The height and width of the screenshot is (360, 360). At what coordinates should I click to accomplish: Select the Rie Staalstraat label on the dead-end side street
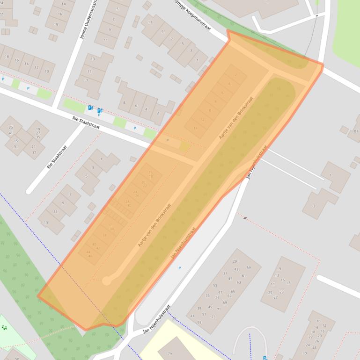click(57, 157)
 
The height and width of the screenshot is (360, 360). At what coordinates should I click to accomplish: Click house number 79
click(170, 353)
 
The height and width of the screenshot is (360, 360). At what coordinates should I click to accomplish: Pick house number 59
click(249, 268)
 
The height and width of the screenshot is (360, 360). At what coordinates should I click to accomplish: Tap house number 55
click(199, 323)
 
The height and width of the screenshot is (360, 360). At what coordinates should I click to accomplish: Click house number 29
click(235, 261)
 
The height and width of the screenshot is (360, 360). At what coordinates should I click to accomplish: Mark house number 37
click(34, 152)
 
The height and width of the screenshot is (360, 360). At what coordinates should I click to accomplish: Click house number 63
click(238, 282)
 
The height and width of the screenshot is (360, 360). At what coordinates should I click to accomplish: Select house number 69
click(225, 302)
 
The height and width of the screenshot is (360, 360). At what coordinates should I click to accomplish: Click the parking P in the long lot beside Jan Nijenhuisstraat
click(180, 268)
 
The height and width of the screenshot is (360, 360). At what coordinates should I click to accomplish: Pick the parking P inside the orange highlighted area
click(168, 140)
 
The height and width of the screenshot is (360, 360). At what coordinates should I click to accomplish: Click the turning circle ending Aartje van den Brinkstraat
click(107, 281)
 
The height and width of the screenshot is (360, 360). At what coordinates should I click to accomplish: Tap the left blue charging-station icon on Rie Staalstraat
click(90, 108)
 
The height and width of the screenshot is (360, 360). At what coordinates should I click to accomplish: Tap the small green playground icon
click(4, 327)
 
